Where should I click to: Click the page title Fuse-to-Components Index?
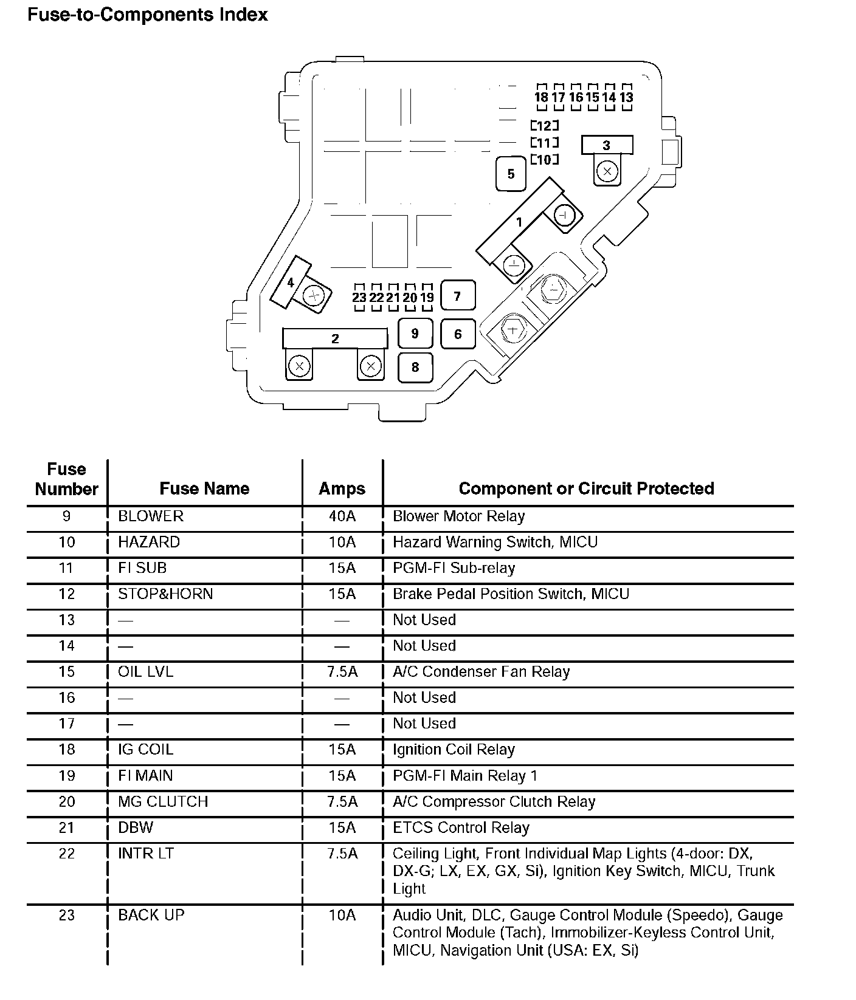[148, 15]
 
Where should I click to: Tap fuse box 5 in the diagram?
[511, 174]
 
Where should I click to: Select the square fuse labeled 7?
[457, 296]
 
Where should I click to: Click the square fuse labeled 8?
[415, 367]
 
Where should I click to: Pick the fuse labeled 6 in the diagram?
[458, 334]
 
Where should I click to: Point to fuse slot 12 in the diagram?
[544, 126]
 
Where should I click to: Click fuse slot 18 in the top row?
[541, 97]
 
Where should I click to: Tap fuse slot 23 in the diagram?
[359, 297]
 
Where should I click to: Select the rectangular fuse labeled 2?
[334, 338]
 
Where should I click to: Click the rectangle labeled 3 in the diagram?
[606, 145]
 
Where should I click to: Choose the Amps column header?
[342, 488]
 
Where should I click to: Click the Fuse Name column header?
[204, 488]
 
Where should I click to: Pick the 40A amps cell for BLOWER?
[342, 516]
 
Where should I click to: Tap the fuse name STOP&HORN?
[165, 594]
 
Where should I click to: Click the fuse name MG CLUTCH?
[163, 801]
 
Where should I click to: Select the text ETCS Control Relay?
[461, 827]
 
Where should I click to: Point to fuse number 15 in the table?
[67, 671]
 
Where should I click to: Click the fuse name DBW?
[136, 827]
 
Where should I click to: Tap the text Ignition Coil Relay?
[454, 750]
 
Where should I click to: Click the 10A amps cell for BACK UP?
[342, 915]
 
